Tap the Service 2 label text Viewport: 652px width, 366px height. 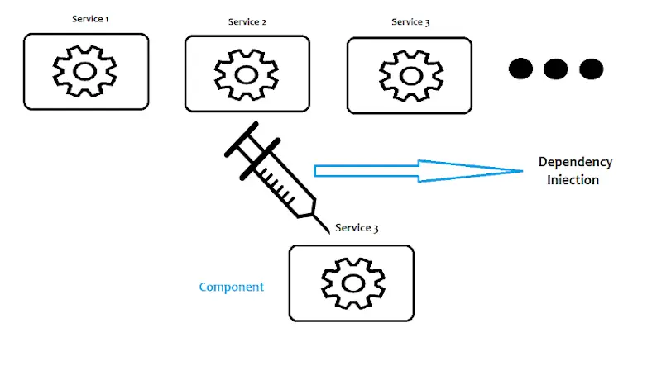point(247,21)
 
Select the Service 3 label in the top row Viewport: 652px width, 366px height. point(410,21)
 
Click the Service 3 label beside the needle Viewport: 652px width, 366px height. point(357,228)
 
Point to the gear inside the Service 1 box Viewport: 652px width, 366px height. point(85,71)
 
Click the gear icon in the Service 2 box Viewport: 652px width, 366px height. point(247,74)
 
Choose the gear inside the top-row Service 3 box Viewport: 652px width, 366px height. point(409,75)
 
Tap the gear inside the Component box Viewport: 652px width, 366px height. point(352,283)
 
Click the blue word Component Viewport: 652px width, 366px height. point(232,287)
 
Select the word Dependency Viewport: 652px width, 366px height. point(575,162)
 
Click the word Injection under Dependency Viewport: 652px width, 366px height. point(573,179)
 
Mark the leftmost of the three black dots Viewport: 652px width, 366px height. point(520,69)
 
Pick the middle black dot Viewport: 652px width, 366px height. point(554,69)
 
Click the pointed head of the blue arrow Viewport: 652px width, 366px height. point(517,171)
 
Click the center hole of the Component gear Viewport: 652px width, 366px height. point(352,283)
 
